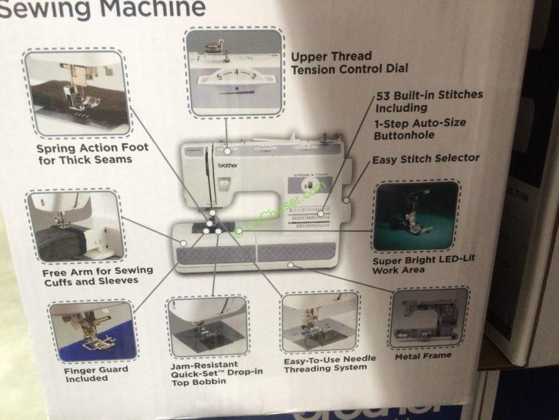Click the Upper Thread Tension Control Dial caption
349,62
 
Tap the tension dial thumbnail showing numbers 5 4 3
235,72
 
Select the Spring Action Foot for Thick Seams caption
92,153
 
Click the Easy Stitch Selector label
426,158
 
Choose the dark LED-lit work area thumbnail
416,216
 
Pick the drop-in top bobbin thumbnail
207,327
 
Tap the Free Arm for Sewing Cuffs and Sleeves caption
97,275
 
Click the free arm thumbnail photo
75,227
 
